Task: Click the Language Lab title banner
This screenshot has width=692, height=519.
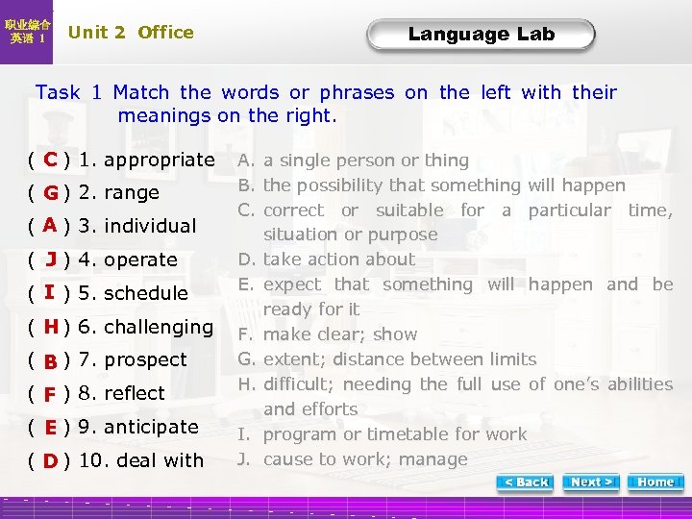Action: click(481, 35)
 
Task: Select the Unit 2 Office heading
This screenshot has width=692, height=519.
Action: click(131, 32)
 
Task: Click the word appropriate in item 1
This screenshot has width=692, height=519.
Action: click(160, 159)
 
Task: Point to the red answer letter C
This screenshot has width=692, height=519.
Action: click(51, 159)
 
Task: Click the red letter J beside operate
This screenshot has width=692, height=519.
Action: click(51, 259)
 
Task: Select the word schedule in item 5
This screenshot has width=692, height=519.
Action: click(146, 293)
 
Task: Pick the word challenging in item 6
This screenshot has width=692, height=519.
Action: click(159, 327)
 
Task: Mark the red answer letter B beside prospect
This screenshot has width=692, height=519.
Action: click(50, 361)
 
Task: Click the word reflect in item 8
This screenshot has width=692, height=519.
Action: click(135, 393)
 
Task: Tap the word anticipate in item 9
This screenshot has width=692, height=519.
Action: click(151, 427)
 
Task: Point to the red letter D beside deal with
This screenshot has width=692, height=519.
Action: click(51, 460)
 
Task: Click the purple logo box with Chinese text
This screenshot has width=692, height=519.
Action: click(28, 32)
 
